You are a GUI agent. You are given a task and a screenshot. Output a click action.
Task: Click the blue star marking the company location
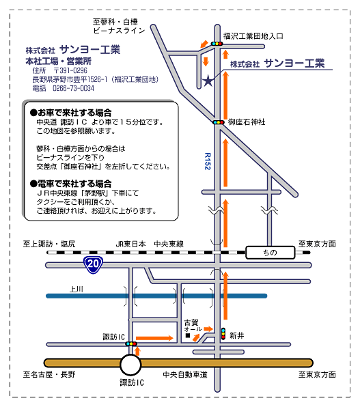coord(208,81)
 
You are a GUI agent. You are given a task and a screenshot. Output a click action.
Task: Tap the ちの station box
coord(270,253)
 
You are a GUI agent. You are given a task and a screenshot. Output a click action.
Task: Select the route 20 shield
coord(93,264)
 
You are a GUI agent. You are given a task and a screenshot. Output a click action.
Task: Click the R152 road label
coord(208,161)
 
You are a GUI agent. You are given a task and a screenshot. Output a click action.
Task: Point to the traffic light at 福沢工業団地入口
coord(217,44)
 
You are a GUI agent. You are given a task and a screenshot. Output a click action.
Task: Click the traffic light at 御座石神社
coord(218,122)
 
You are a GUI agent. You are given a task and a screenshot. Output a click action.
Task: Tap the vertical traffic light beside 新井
coord(223,333)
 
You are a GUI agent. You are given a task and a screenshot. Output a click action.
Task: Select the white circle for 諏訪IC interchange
coord(130,365)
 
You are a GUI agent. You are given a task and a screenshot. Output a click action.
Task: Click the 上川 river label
coord(76,289)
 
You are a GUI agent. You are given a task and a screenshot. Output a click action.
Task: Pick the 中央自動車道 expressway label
coord(185,374)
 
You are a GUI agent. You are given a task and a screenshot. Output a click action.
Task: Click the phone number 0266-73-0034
coord(73,88)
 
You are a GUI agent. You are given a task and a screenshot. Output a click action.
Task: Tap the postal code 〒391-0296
coord(70,70)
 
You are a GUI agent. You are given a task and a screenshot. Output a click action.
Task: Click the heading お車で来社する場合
coord(71,113)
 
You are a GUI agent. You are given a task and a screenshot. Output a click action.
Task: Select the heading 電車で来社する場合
coord(71,184)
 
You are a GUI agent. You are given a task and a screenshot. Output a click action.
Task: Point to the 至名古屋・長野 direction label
coord(49,374)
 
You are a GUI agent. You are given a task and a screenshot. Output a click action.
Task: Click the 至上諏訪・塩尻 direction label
coord(49,244)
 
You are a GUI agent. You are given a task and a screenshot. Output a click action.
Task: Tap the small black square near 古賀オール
coord(188,335)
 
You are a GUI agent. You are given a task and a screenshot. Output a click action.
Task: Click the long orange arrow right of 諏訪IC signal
coord(154,338)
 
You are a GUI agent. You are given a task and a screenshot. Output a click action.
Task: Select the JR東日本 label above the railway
coord(130,244)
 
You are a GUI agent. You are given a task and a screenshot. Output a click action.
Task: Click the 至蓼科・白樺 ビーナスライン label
coord(119,26)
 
